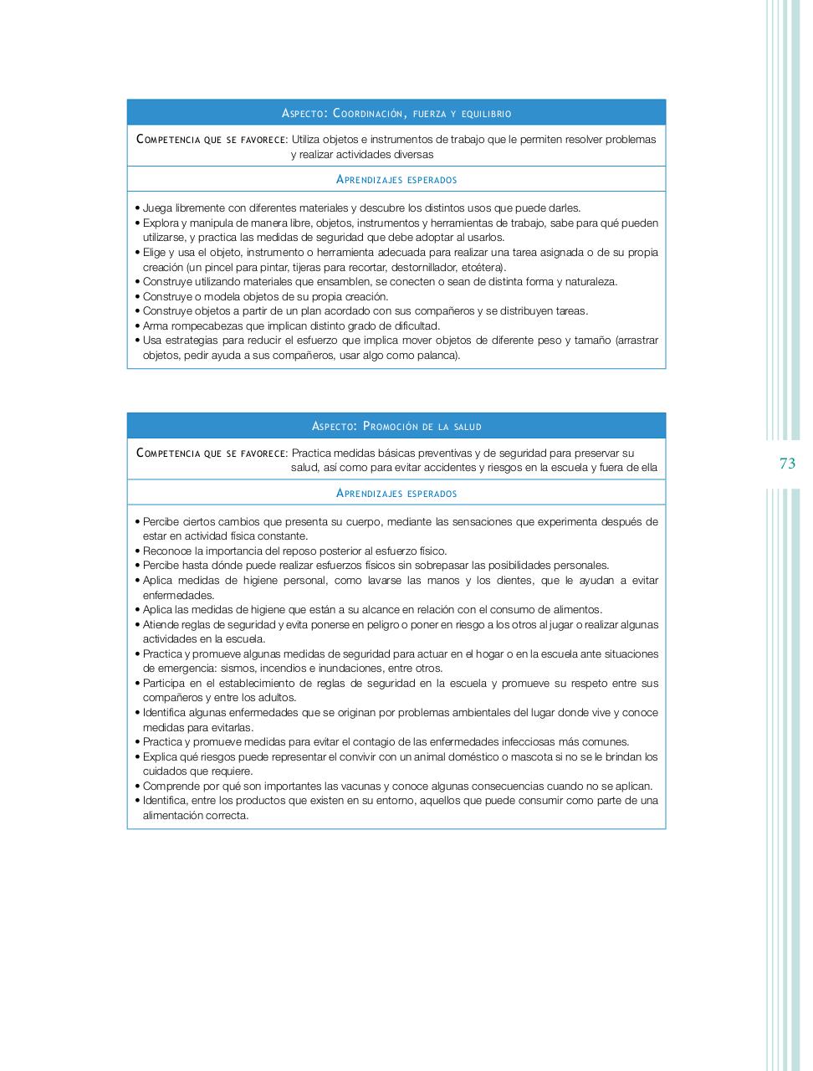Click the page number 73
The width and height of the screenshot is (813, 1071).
(787, 464)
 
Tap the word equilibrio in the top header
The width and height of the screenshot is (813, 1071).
(486, 113)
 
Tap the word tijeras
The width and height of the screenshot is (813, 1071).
(304, 267)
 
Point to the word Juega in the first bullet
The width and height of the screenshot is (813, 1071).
(156, 208)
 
